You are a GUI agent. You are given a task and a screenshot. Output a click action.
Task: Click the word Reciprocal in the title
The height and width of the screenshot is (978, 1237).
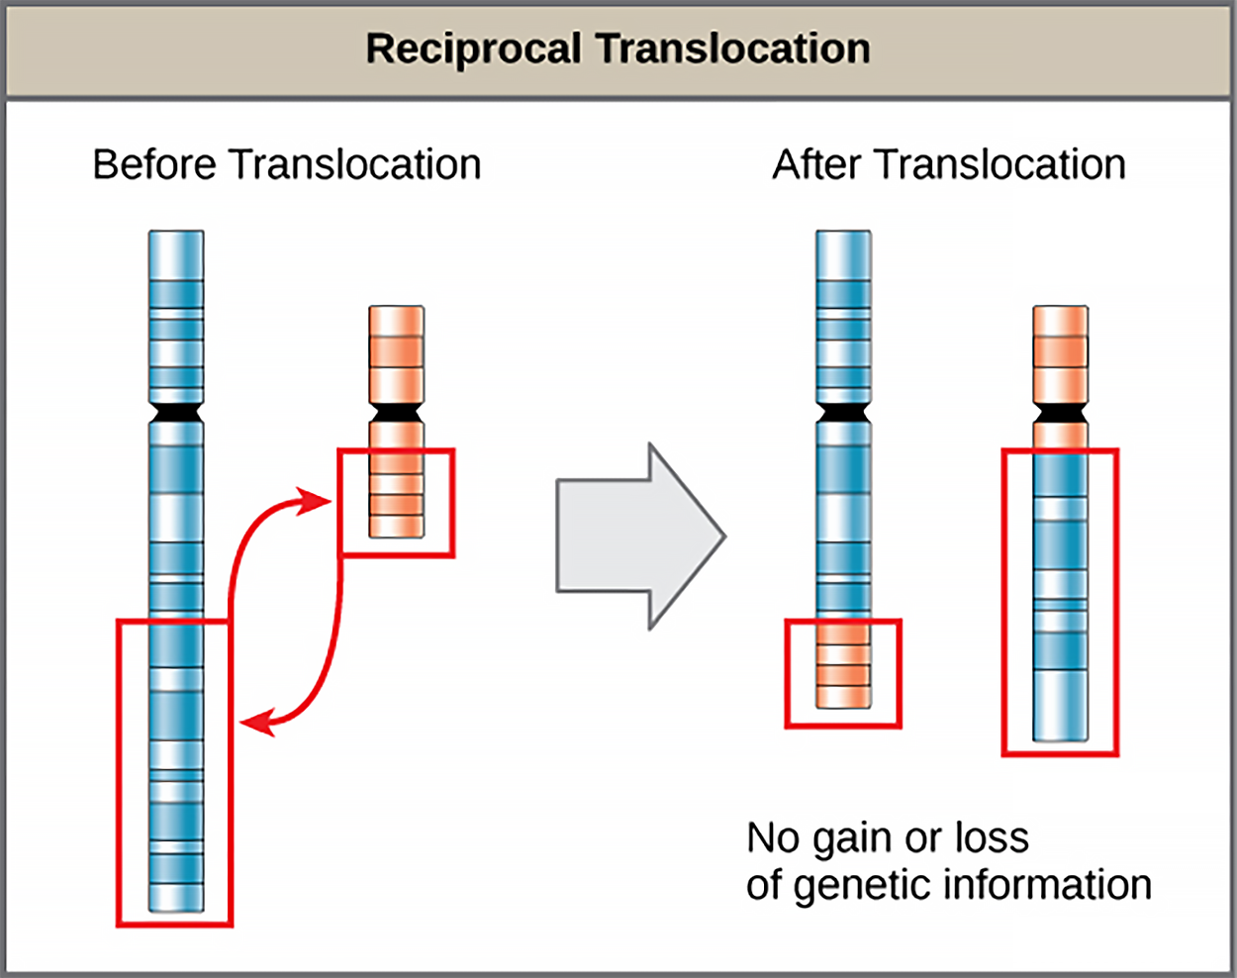pyautogui.click(x=473, y=49)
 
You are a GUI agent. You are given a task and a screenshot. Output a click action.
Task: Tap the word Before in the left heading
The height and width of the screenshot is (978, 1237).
pyautogui.click(x=154, y=164)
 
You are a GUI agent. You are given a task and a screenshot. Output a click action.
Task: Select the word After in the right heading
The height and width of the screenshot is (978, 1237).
pyautogui.click(x=816, y=164)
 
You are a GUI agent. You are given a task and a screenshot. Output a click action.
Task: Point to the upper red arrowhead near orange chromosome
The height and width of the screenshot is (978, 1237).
pyautogui.click(x=319, y=501)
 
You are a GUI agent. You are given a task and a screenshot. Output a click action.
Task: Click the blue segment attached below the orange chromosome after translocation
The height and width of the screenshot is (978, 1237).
pyautogui.click(x=1060, y=594)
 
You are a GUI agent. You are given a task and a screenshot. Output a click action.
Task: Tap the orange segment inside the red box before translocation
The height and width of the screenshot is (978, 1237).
pyautogui.click(x=396, y=495)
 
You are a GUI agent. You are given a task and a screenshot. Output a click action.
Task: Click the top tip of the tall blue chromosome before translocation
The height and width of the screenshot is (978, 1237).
pyautogui.click(x=176, y=237)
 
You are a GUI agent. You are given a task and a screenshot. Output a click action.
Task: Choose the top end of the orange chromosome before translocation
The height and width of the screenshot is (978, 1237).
pyautogui.click(x=396, y=312)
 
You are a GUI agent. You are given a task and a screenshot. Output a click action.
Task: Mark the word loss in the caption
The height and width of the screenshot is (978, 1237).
pyautogui.click(x=992, y=838)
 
